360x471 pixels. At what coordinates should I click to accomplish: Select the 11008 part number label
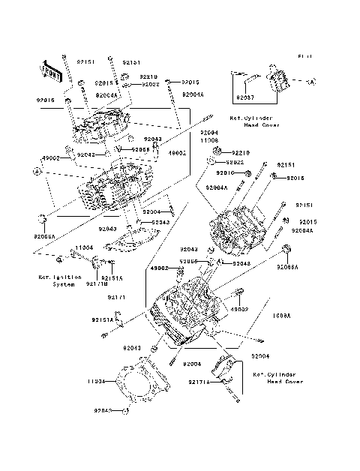(208, 140)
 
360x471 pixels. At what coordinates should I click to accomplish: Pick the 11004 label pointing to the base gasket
(95, 380)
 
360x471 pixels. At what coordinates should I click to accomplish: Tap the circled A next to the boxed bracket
(310, 80)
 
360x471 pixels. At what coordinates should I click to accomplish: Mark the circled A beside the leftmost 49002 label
(35, 171)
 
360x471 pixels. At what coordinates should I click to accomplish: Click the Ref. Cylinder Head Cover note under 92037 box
(255, 121)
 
